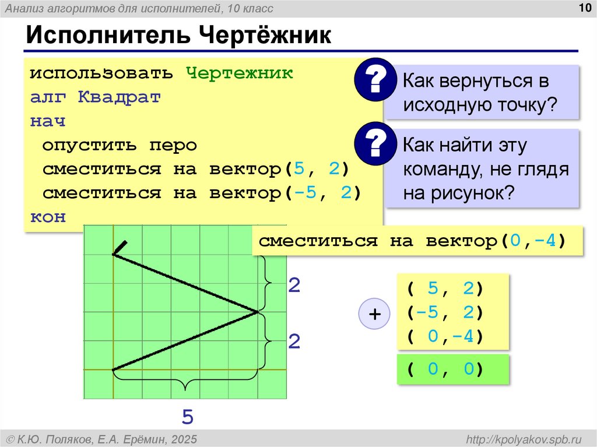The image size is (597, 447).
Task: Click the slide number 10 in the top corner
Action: [583, 8]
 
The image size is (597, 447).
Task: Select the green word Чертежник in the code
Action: [239, 73]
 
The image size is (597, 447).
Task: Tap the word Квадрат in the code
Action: [119, 97]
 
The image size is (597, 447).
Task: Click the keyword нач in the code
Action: [48, 121]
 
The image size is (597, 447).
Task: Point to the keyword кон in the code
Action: [48, 217]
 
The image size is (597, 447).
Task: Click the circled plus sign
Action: [374, 315]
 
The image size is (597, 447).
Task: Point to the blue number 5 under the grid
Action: [187, 417]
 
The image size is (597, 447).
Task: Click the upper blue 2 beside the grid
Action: [294, 286]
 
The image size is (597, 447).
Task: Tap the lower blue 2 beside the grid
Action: [294, 342]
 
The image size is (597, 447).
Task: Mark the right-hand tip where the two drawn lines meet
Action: [257, 312]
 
